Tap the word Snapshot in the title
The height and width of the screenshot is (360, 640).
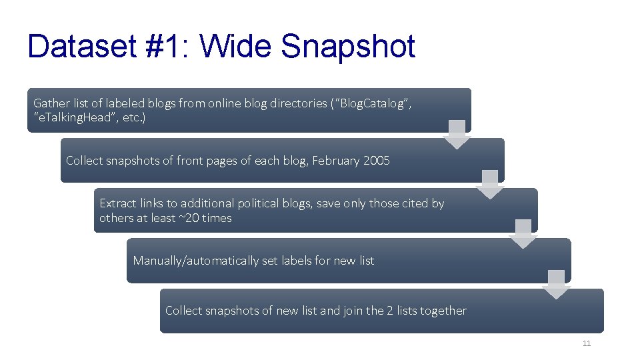pyautogui.click(x=348, y=47)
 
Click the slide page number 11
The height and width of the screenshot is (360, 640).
pyautogui.click(x=587, y=343)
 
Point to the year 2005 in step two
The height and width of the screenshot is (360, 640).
pyautogui.click(x=377, y=161)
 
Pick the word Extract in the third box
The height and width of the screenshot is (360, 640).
pyautogui.click(x=117, y=203)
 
